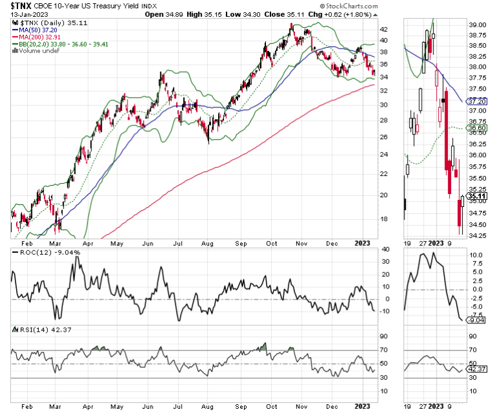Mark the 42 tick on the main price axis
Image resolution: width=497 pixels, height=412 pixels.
coord(382,29)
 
